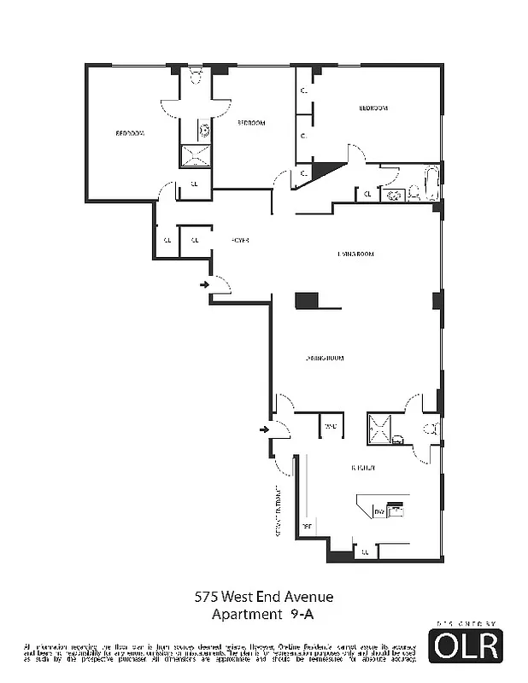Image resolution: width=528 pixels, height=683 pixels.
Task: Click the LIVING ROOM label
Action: [x=355, y=254]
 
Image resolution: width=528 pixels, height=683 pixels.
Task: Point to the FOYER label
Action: [x=239, y=241]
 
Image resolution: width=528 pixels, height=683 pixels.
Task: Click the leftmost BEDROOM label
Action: [x=130, y=133]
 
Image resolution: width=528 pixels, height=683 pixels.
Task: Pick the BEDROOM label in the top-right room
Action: [x=373, y=108]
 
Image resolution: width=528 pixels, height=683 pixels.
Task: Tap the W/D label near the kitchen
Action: [x=330, y=425]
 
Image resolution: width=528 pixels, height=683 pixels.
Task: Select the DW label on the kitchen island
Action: [x=379, y=511]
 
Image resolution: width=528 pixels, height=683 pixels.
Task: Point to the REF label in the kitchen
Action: [x=306, y=527]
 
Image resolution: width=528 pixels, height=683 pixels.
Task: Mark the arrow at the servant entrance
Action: [x=265, y=429]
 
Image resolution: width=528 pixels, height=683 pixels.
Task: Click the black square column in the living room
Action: [x=307, y=301]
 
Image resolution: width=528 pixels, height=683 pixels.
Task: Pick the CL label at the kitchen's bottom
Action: [x=365, y=552]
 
